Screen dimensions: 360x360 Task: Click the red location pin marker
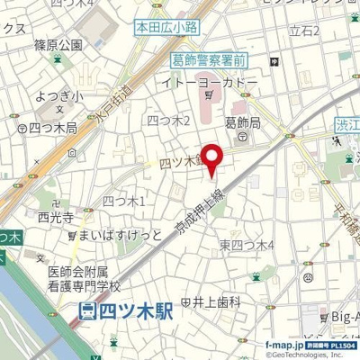pos(212,159)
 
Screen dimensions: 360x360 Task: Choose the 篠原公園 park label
pos(58,44)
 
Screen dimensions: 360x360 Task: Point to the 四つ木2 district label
pos(168,121)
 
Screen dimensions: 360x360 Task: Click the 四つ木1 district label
pos(124,201)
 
